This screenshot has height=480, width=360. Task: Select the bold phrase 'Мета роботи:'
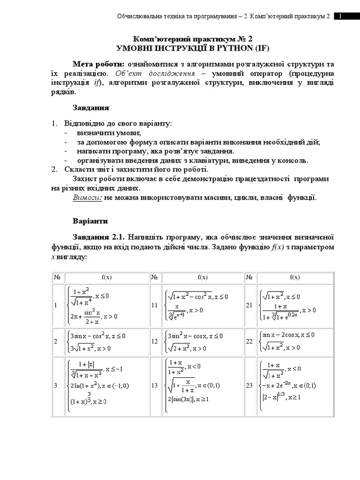[98, 64]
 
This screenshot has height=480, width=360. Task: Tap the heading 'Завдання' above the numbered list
[91, 108]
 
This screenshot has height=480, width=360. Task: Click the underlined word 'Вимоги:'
[87, 197]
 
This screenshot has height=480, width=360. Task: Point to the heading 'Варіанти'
[90, 220]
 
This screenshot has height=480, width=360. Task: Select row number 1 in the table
[55, 306]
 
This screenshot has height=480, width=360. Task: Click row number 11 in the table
[154, 306]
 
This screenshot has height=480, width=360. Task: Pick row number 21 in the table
[249, 305]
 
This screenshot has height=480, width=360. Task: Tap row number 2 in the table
[55, 342]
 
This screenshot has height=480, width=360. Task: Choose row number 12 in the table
[154, 342]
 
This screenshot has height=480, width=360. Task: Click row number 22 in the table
[249, 342]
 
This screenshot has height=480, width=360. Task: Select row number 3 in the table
[55, 386]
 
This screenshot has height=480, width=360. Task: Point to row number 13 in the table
[154, 386]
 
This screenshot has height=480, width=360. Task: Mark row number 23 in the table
[249, 386]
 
